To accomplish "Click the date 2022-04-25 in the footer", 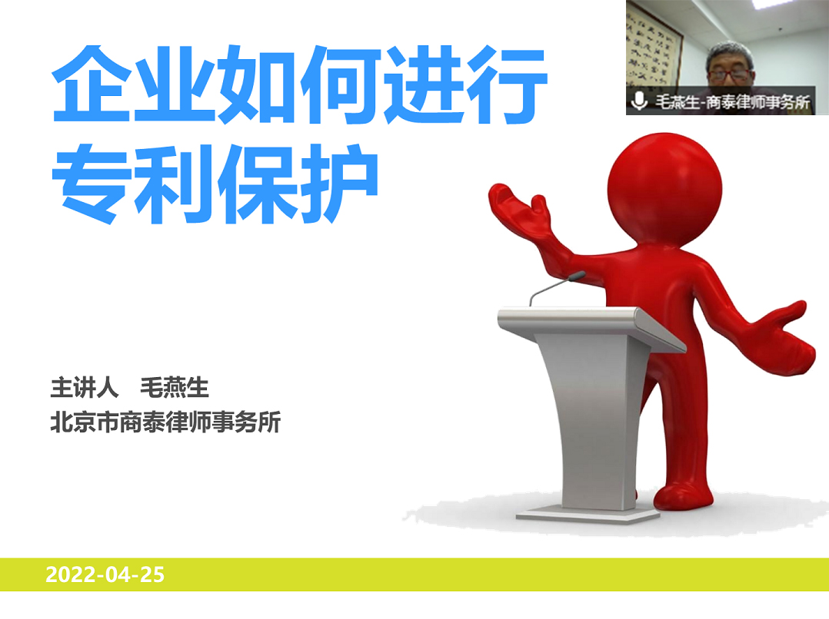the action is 105,574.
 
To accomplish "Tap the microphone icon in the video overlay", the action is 638,101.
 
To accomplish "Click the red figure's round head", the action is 664,188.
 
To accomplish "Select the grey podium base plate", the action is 588,515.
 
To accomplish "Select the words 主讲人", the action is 84,388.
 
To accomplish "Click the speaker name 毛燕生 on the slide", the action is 174,388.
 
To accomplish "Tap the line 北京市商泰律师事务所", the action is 165,422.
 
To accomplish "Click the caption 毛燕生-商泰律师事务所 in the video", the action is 733,101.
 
